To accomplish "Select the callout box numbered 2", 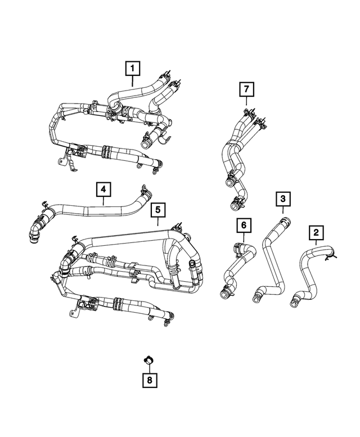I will [x=316, y=232].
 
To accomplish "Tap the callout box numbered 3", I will [x=283, y=199].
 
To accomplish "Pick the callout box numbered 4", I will [x=103, y=190].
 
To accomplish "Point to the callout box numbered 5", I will [x=159, y=210].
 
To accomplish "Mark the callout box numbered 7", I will [x=246, y=89].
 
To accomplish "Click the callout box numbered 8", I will [x=149, y=381].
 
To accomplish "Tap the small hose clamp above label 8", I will [x=150, y=360].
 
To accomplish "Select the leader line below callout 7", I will [x=246, y=101].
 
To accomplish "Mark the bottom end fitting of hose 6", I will [x=223, y=292].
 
